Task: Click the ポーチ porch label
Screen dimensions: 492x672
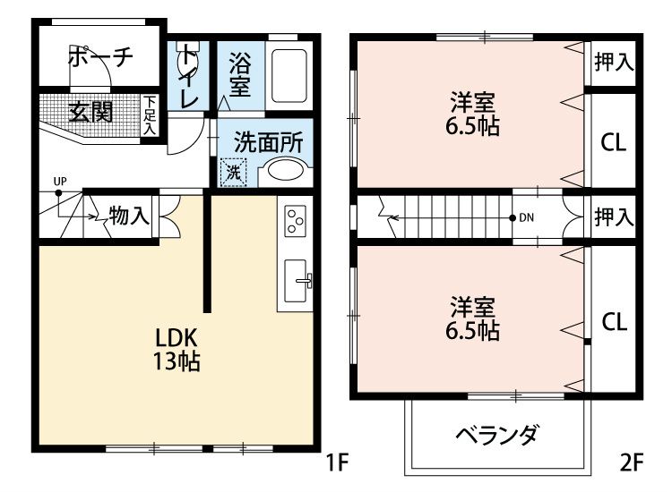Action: point(99,55)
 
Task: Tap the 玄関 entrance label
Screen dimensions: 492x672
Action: point(90,113)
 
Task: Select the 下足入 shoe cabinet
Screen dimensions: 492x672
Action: point(150,115)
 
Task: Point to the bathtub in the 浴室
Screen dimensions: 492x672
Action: point(289,74)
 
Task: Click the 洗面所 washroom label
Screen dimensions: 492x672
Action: point(268,141)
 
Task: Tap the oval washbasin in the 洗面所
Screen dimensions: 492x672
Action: point(286,171)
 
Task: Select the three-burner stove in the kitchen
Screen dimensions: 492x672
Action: point(296,220)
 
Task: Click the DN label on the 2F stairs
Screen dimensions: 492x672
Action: point(527,217)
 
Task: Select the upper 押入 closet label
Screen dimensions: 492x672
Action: point(614,62)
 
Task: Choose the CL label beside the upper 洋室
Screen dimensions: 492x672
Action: point(613,142)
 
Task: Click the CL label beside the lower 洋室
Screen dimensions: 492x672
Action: point(614,322)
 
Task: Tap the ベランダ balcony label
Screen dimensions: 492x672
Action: point(497,436)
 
